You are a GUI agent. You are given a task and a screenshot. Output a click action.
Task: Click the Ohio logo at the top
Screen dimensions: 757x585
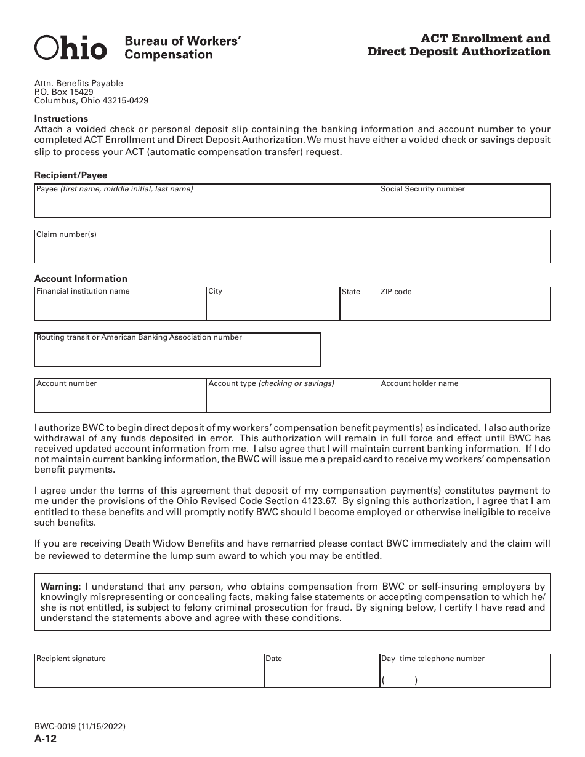70,47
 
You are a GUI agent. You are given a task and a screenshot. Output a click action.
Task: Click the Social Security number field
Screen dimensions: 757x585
464,204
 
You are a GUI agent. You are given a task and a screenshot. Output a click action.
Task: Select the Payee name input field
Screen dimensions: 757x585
206,204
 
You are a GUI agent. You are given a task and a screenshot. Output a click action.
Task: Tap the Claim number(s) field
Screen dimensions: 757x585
292,249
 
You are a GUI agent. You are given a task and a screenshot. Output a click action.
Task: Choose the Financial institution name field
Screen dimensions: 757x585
120,307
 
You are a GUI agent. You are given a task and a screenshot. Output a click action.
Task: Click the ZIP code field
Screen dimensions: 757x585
464,307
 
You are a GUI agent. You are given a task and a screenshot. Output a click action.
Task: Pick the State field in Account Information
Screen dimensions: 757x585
359,307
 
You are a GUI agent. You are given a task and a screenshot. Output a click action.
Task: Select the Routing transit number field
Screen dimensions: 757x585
177,353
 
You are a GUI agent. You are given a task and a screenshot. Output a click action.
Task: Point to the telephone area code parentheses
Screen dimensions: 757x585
399,681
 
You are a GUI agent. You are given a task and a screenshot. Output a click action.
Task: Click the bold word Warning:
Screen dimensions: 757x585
60,587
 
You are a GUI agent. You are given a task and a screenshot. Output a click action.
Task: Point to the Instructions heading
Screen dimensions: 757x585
61,119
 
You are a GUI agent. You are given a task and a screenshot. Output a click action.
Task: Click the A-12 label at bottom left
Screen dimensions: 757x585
46,739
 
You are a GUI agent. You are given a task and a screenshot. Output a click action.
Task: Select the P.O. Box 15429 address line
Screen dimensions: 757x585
64,92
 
